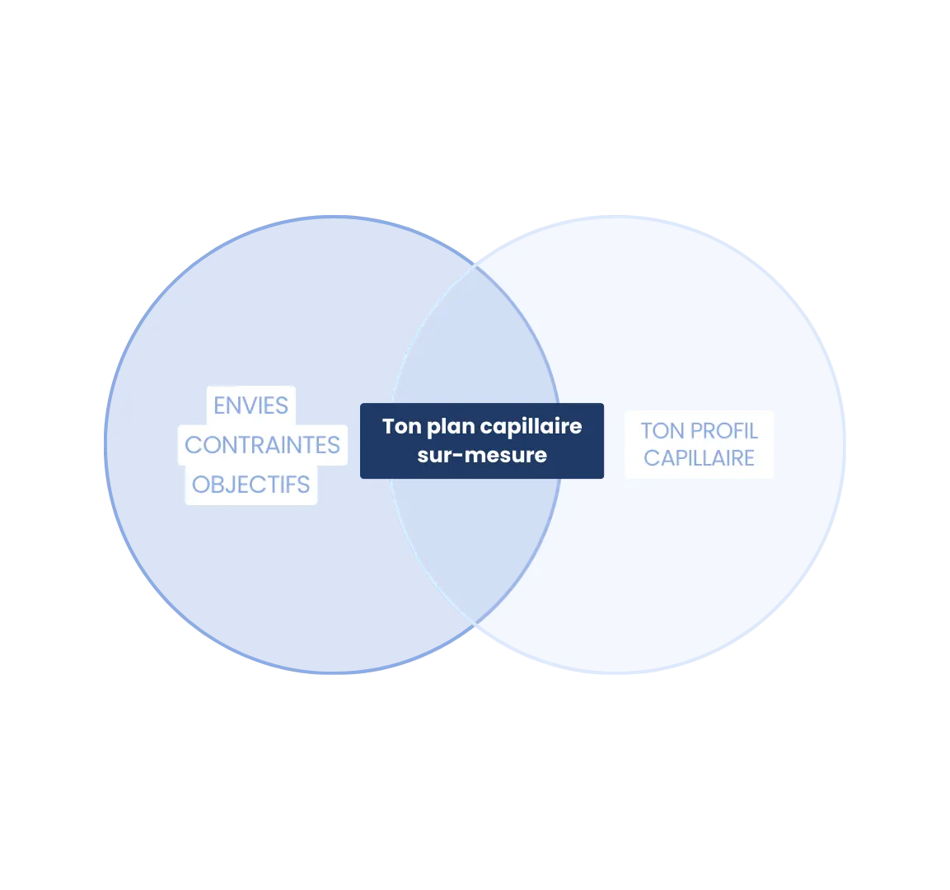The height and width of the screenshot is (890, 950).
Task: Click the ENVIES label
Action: pos(250,405)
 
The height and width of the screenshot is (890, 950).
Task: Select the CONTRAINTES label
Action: pos(262,445)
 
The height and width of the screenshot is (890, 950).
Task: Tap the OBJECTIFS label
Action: pos(250,485)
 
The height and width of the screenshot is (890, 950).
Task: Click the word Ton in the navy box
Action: pos(401,426)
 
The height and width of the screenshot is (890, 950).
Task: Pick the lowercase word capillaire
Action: pos(531,427)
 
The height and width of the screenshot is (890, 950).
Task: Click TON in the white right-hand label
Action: pos(662,431)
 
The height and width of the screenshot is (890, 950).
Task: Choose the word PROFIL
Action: pos(723,431)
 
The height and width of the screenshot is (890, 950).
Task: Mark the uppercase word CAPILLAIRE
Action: pos(699,458)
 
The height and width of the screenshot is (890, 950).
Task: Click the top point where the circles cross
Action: pos(476,265)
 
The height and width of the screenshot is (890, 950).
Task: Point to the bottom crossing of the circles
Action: pos(476,624)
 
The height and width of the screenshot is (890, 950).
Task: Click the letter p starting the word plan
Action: pos(433,428)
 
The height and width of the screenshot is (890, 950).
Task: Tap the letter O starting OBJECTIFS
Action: pos(201,485)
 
